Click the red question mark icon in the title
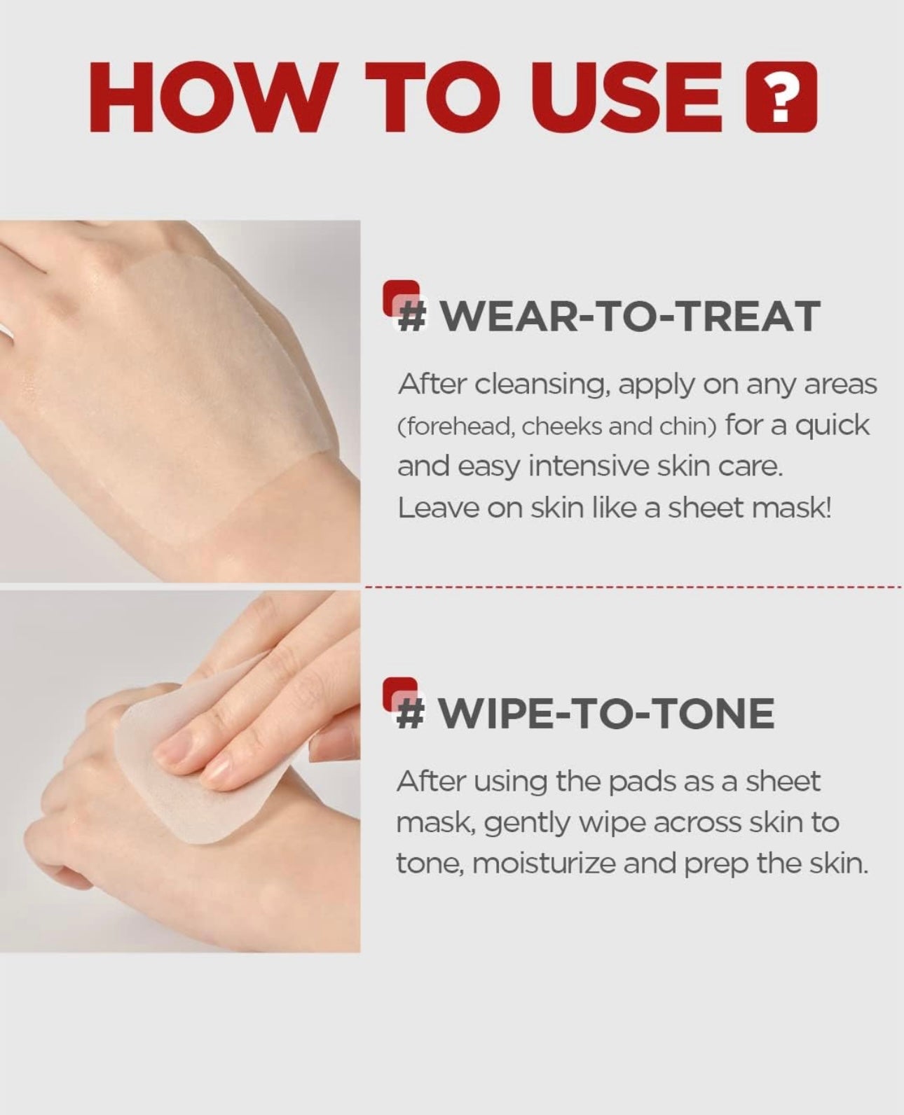(x=781, y=97)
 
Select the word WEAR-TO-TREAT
(x=629, y=317)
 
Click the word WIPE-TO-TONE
(x=606, y=714)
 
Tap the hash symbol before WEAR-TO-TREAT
(x=412, y=317)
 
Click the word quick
(x=833, y=426)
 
